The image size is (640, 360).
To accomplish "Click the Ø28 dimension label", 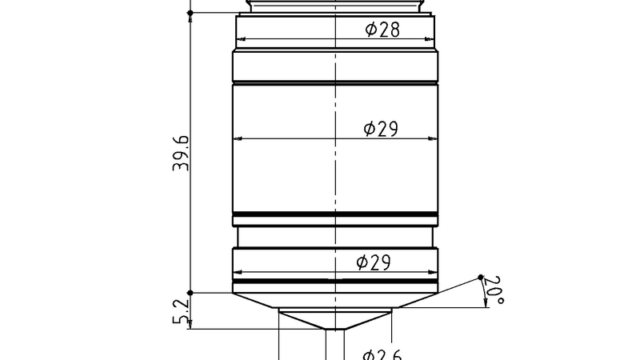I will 382,30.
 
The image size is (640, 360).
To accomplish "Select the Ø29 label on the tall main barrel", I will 381,129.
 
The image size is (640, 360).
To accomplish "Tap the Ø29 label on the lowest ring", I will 374,262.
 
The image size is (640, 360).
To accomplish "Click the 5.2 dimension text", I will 182,310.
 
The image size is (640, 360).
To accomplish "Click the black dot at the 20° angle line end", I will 481,278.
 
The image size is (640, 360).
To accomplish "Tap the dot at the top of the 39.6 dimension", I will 190,13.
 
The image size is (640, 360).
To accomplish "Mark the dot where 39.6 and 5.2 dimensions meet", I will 190,293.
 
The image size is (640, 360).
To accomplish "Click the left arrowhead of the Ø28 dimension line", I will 239,39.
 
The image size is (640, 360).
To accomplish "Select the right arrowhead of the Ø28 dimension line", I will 432,39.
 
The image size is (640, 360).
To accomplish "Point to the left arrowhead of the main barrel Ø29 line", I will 237,138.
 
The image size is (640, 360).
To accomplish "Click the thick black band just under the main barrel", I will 335,214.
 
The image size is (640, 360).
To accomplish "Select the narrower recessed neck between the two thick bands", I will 335,236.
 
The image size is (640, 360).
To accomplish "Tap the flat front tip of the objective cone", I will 335,330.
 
